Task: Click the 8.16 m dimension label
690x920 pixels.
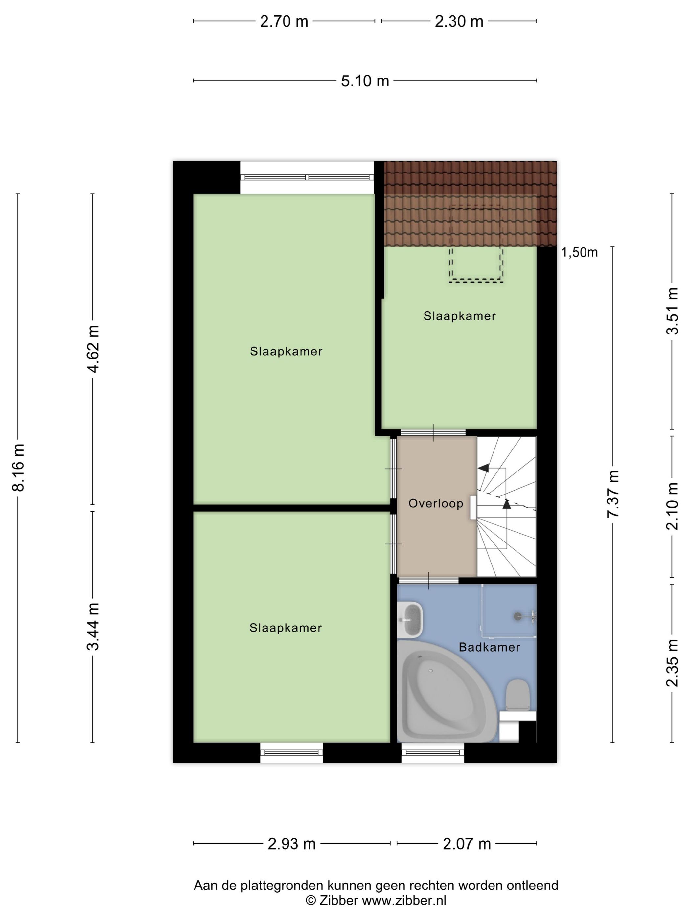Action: (19, 467)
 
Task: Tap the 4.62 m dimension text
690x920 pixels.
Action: (94, 349)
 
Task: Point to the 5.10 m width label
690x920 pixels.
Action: (365, 81)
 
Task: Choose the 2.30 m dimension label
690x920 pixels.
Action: (459, 21)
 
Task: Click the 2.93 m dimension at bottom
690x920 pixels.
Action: (291, 844)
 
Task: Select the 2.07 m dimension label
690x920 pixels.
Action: (467, 844)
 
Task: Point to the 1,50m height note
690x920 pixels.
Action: (579, 252)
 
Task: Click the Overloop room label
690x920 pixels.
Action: (435, 504)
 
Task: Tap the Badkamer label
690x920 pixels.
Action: (489, 647)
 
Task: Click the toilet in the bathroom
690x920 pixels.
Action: (517, 695)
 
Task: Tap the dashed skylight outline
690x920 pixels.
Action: (476, 243)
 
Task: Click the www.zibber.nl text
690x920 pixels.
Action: (404, 901)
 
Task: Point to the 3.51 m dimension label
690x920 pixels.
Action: (672, 311)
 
